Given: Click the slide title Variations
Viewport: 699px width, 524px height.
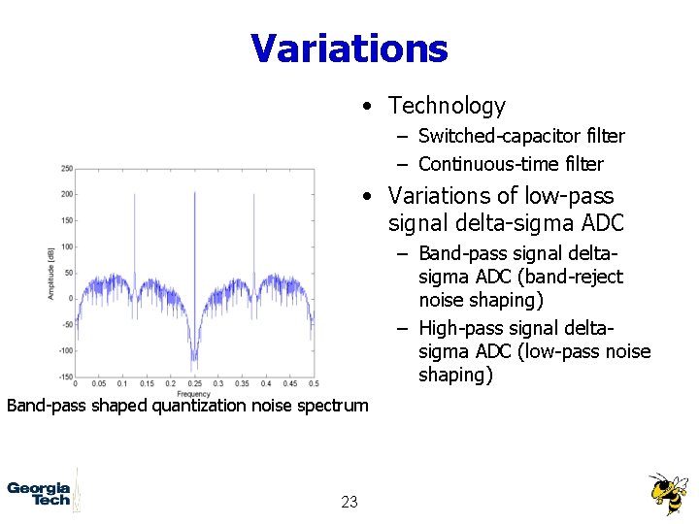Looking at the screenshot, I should (x=349, y=48).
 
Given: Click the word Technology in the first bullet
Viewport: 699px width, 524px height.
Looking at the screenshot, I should (x=447, y=106).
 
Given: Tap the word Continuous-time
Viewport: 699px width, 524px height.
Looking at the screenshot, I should (x=475, y=164).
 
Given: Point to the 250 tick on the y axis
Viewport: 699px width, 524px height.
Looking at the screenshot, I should (x=66, y=169).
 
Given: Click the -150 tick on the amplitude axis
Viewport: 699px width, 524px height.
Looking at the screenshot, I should (x=64, y=377).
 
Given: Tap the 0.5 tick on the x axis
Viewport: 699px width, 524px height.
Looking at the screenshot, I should (x=313, y=385).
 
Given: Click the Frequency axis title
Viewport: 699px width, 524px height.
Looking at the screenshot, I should (x=194, y=394).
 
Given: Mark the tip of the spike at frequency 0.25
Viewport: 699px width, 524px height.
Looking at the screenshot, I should (x=195, y=191).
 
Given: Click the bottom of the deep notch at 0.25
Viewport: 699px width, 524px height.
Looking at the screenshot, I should (x=194, y=368).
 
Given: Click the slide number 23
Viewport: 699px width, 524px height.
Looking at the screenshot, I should (x=349, y=502).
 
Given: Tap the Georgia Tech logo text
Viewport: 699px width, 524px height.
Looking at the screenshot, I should (x=39, y=493).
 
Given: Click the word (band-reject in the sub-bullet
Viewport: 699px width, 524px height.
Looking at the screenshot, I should (x=570, y=278).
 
